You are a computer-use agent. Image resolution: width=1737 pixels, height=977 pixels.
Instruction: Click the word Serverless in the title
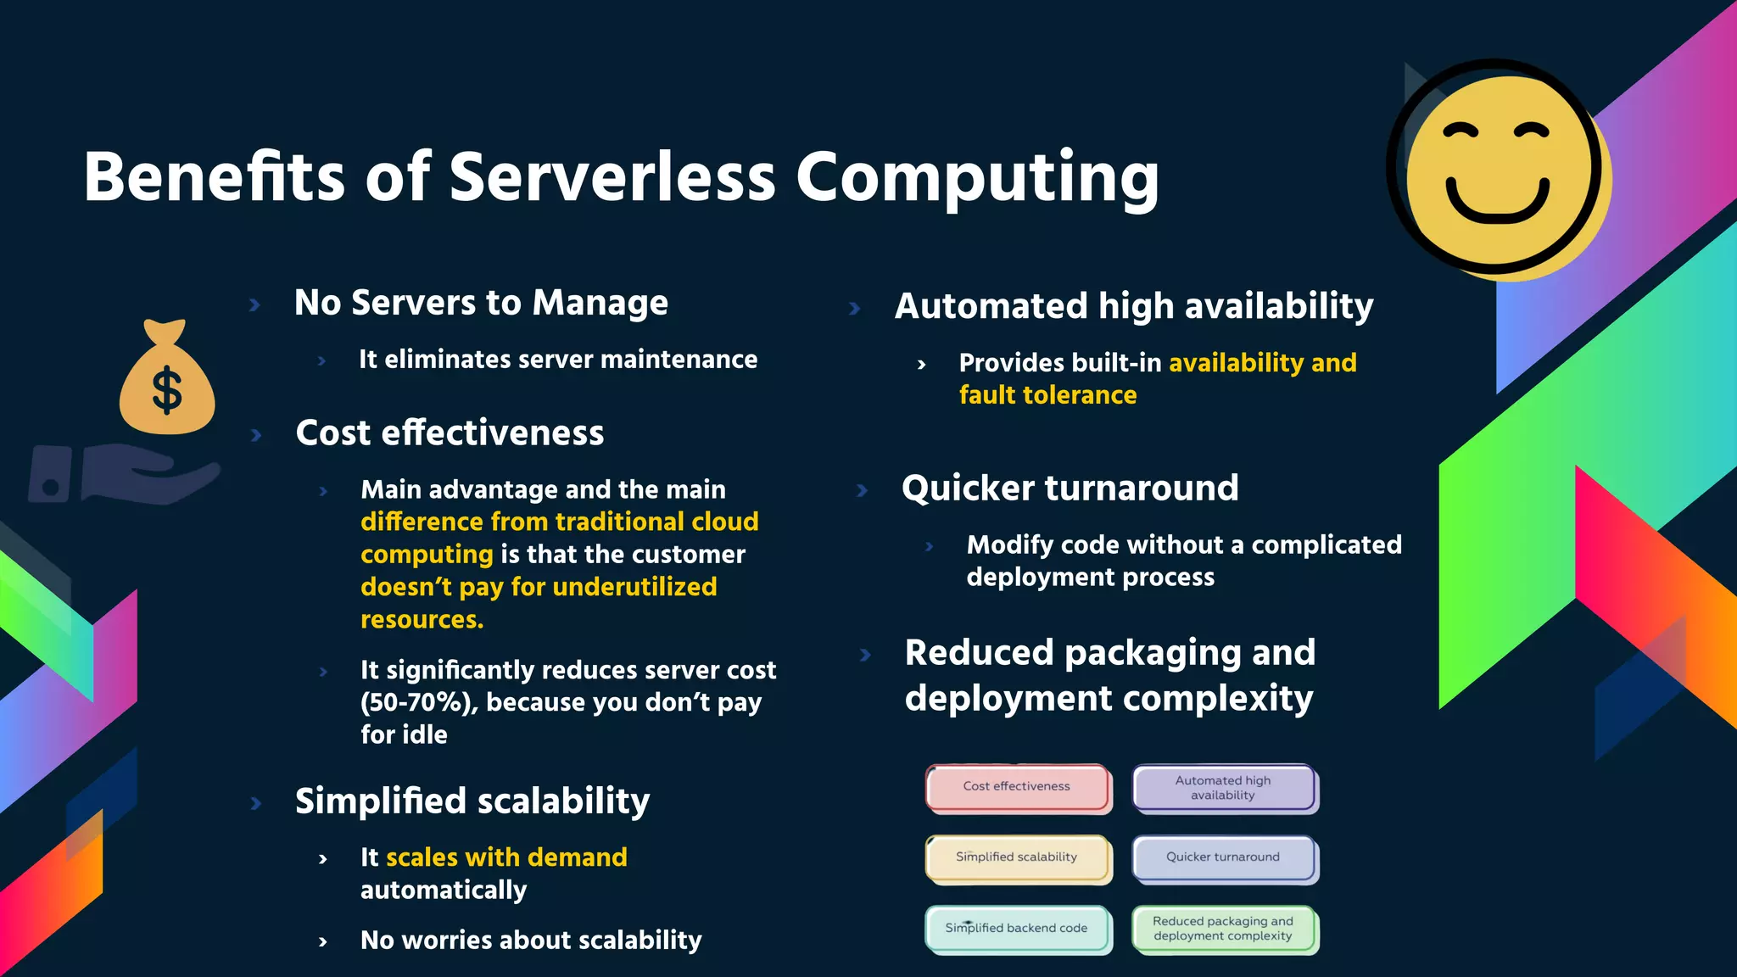(x=612, y=177)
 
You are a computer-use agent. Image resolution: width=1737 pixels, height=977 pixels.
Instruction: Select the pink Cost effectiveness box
(x=1017, y=787)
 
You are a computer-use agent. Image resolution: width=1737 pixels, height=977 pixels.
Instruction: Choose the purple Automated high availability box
(x=1223, y=788)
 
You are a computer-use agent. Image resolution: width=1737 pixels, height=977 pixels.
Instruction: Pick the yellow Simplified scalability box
(x=1017, y=857)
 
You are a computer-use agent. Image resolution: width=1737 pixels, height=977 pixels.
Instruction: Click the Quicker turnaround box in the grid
(x=1223, y=857)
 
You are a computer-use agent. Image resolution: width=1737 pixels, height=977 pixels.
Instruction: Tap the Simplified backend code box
(x=1017, y=929)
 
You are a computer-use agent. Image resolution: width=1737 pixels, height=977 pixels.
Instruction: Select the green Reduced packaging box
(x=1223, y=929)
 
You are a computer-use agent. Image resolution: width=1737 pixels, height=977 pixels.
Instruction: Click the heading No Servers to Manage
(x=481, y=303)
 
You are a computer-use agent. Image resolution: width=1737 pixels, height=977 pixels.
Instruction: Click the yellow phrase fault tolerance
(x=1047, y=395)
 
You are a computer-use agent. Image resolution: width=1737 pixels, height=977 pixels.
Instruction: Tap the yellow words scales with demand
(x=506, y=857)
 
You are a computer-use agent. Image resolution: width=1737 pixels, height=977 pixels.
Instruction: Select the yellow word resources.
(x=422, y=620)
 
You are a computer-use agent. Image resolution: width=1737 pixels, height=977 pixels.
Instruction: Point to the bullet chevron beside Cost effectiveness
(x=256, y=435)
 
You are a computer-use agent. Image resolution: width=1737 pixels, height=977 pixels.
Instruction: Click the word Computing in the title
(x=977, y=177)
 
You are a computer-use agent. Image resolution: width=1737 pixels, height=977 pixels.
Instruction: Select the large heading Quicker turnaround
(x=1070, y=488)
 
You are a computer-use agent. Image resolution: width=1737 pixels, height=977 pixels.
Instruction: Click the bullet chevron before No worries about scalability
(x=323, y=941)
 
